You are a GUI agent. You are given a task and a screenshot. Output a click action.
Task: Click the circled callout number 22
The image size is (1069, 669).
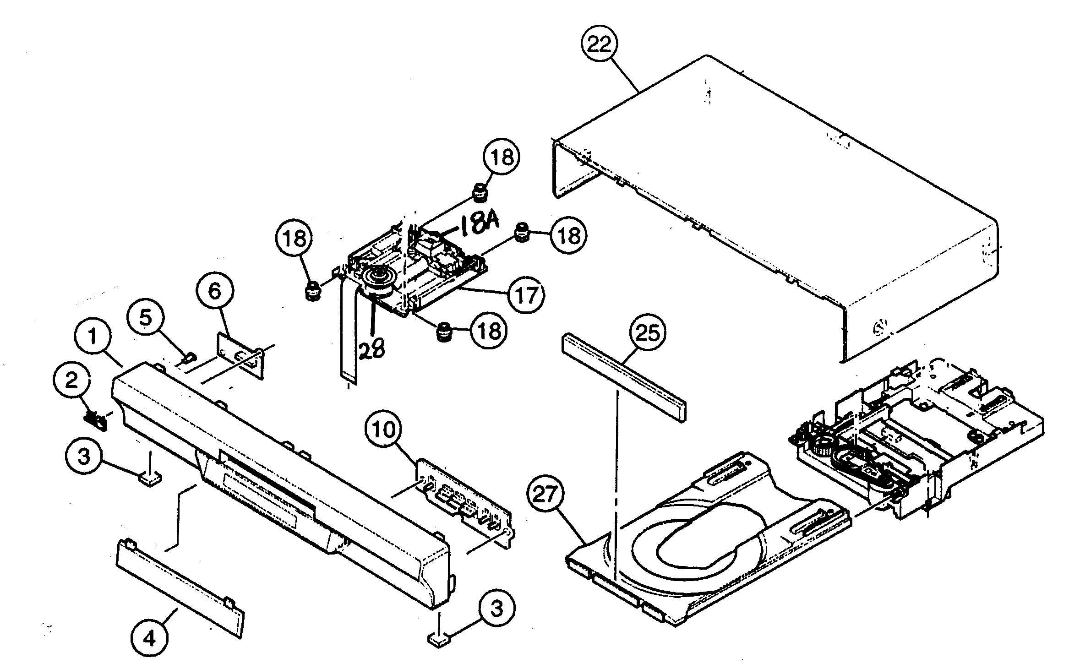coord(600,45)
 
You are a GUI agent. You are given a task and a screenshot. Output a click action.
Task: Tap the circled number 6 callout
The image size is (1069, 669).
coord(215,291)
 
